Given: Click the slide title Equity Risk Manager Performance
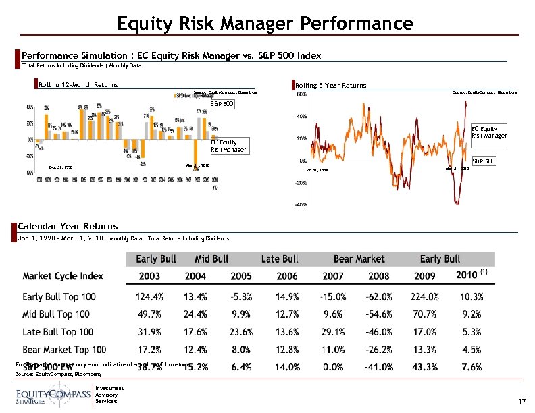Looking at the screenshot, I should (264, 24).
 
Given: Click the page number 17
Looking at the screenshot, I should (521, 401).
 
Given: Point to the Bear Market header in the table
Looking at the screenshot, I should (359, 259).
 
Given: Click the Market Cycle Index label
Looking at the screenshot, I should (63, 276).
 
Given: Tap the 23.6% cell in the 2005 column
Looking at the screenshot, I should (240, 331).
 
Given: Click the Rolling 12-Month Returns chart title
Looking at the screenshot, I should (78, 84).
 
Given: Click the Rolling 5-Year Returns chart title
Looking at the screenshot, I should (331, 85).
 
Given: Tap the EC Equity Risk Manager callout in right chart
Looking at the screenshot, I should (488, 132).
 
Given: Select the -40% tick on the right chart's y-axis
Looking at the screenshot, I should (303, 204).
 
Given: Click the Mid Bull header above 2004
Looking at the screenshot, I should (211, 259).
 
